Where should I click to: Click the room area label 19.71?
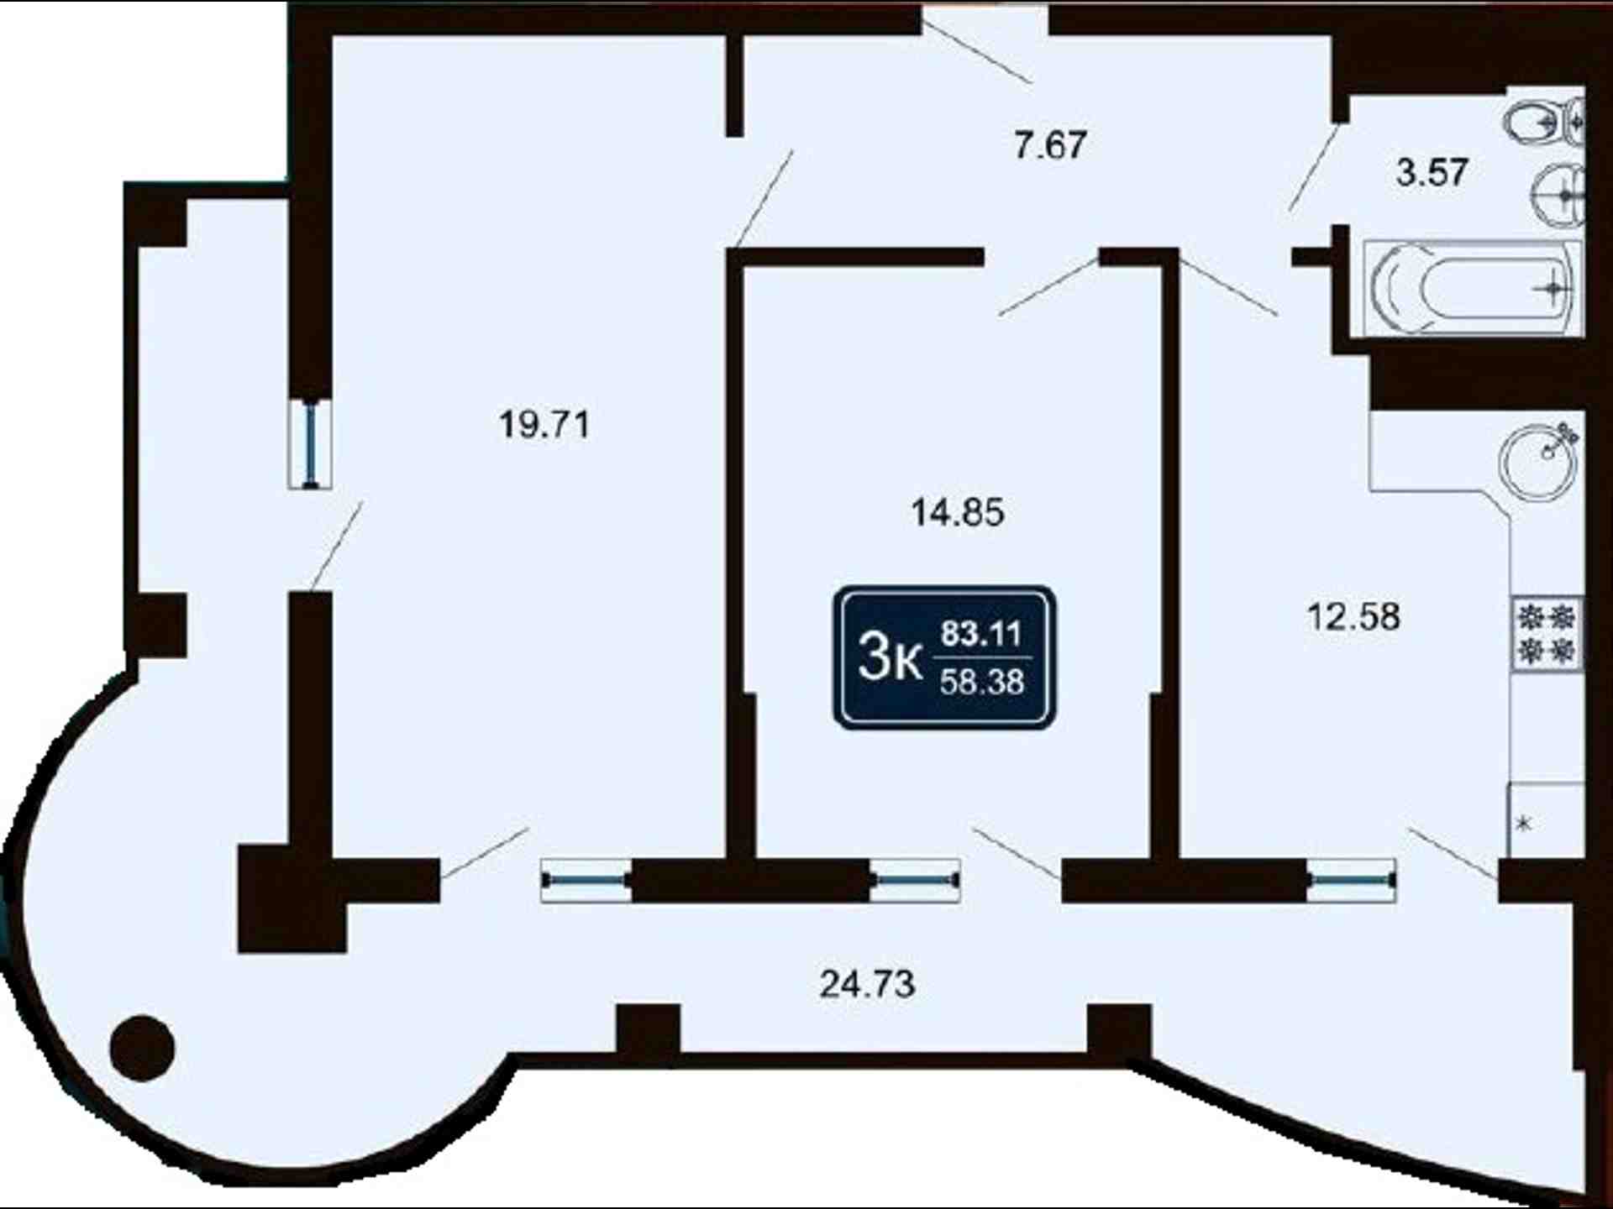coord(544,424)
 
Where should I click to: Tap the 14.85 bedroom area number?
coord(958,511)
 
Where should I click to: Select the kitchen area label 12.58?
coord(1353,616)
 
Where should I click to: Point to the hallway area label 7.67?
coord(1050,144)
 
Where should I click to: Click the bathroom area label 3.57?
coord(1432,171)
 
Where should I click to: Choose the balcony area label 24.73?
coord(867,983)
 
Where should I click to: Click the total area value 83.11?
coord(981,632)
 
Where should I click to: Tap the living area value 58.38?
coord(981,682)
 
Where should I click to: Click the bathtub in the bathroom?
coord(1471,287)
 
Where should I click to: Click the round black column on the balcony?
coord(142,1048)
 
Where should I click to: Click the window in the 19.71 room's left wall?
coord(310,443)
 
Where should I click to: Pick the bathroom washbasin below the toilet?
coord(1561,196)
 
